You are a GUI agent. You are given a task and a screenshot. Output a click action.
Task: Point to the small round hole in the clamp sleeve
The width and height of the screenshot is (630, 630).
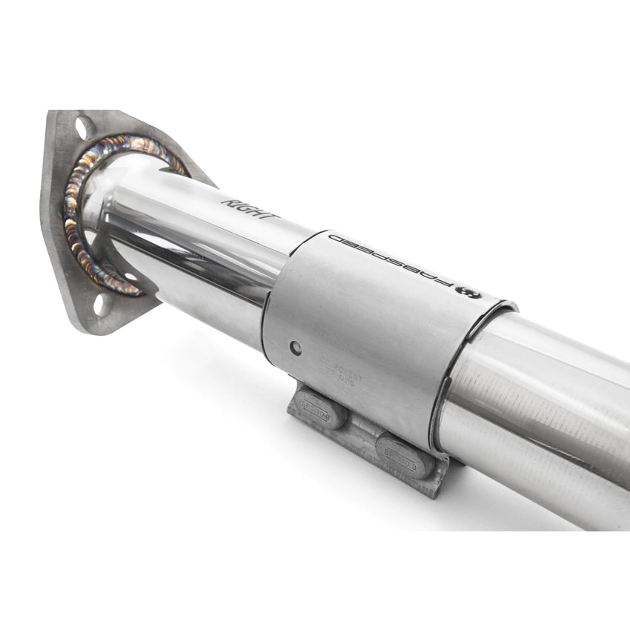[x=296, y=346]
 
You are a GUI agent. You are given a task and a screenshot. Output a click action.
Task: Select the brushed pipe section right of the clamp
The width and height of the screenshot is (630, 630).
[x=548, y=400]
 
